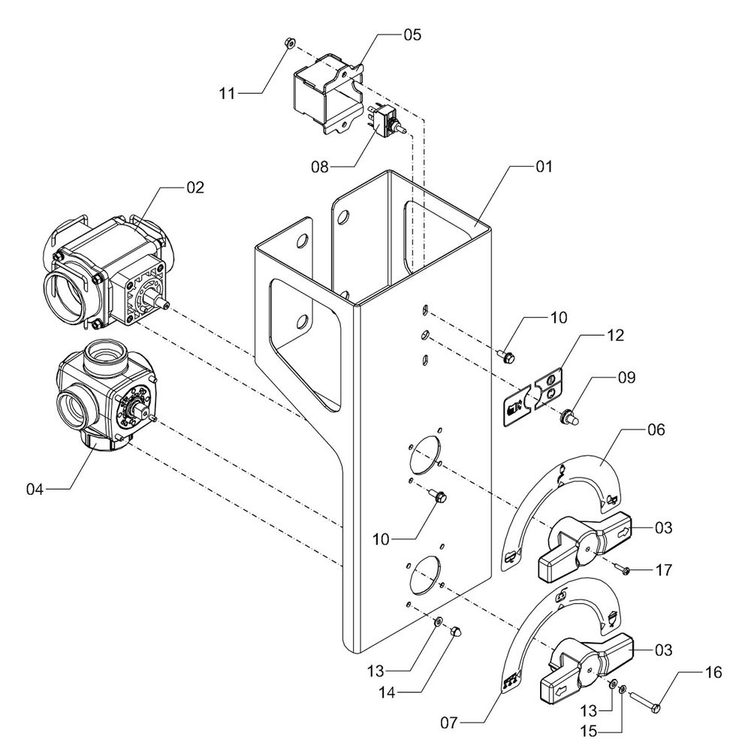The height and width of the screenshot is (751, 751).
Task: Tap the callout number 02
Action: tap(195, 188)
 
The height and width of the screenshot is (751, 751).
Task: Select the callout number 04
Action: tap(35, 490)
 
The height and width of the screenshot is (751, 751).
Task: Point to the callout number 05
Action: tap(412, 35)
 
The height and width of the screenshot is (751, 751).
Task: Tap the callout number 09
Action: tap(626, 378)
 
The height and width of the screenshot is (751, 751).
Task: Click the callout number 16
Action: tap(713, 672)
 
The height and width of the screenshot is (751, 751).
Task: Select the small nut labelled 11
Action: tap(288, 44)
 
